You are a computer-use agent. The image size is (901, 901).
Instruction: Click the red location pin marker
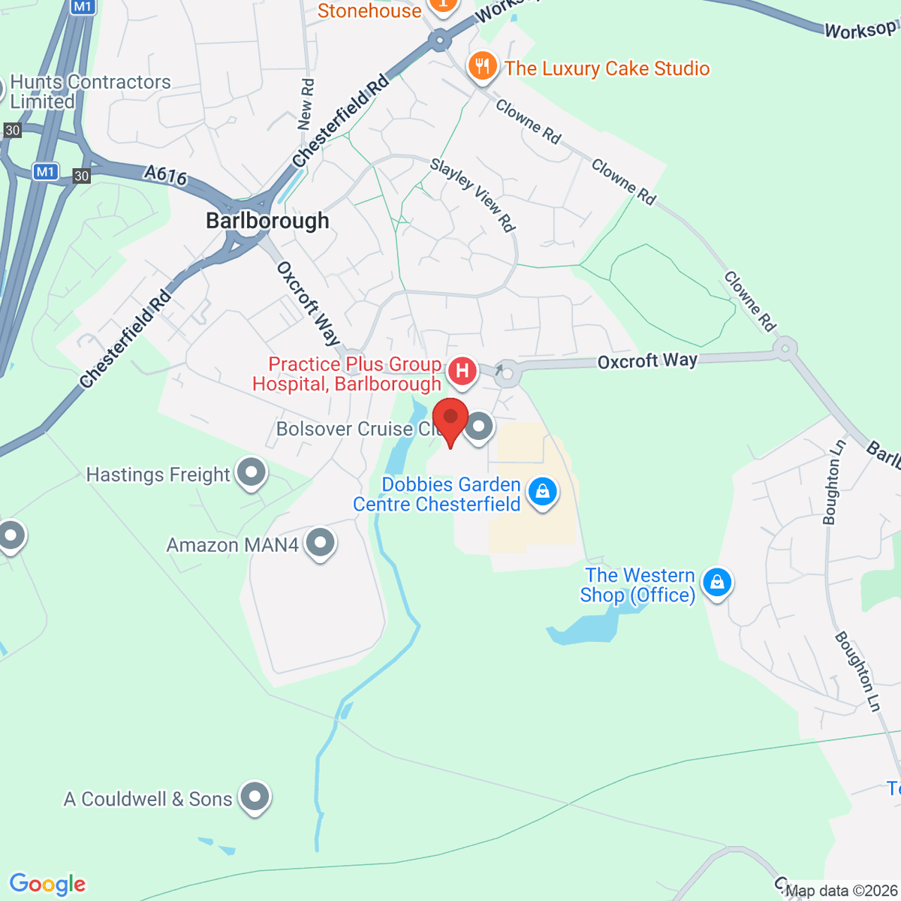450,420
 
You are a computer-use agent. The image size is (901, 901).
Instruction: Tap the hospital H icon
463,371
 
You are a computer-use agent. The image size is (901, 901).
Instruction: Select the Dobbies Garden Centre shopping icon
542,492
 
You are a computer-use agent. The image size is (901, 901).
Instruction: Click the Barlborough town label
267,221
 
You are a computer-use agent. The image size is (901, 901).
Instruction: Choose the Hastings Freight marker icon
251,473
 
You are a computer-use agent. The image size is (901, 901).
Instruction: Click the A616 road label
165,175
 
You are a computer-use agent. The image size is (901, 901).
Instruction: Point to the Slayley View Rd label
473,194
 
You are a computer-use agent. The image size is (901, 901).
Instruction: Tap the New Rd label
306,104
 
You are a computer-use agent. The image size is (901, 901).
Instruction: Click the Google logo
47,884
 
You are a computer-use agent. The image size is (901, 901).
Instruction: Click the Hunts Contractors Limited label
90,92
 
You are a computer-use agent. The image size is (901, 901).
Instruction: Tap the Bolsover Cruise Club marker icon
478,427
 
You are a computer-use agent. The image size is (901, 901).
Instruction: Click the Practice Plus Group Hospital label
347,374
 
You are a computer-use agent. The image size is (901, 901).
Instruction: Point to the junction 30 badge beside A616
81,176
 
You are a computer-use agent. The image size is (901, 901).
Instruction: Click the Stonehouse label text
369,11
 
